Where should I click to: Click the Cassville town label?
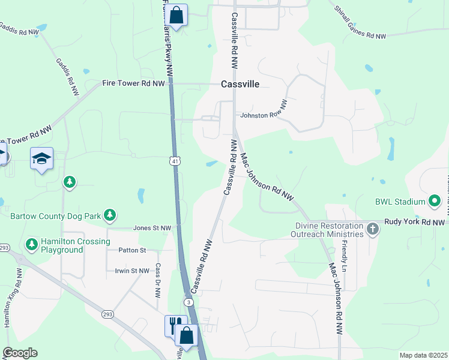[240, 84]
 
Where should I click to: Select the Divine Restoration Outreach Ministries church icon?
[373, 229]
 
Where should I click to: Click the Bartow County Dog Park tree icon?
[109, 214]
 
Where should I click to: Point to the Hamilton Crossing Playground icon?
[32, 244]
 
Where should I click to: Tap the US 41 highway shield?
[173, 161]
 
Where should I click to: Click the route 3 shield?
[189, 302]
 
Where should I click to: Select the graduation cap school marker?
[41, 158]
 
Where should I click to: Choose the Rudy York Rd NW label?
[416, 221]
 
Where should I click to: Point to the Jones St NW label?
[152, 228]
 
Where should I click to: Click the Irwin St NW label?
[131, 271]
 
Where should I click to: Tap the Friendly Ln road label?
[345, 254]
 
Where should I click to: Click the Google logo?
[20, 353]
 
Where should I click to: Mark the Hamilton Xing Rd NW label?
[12, 298]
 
